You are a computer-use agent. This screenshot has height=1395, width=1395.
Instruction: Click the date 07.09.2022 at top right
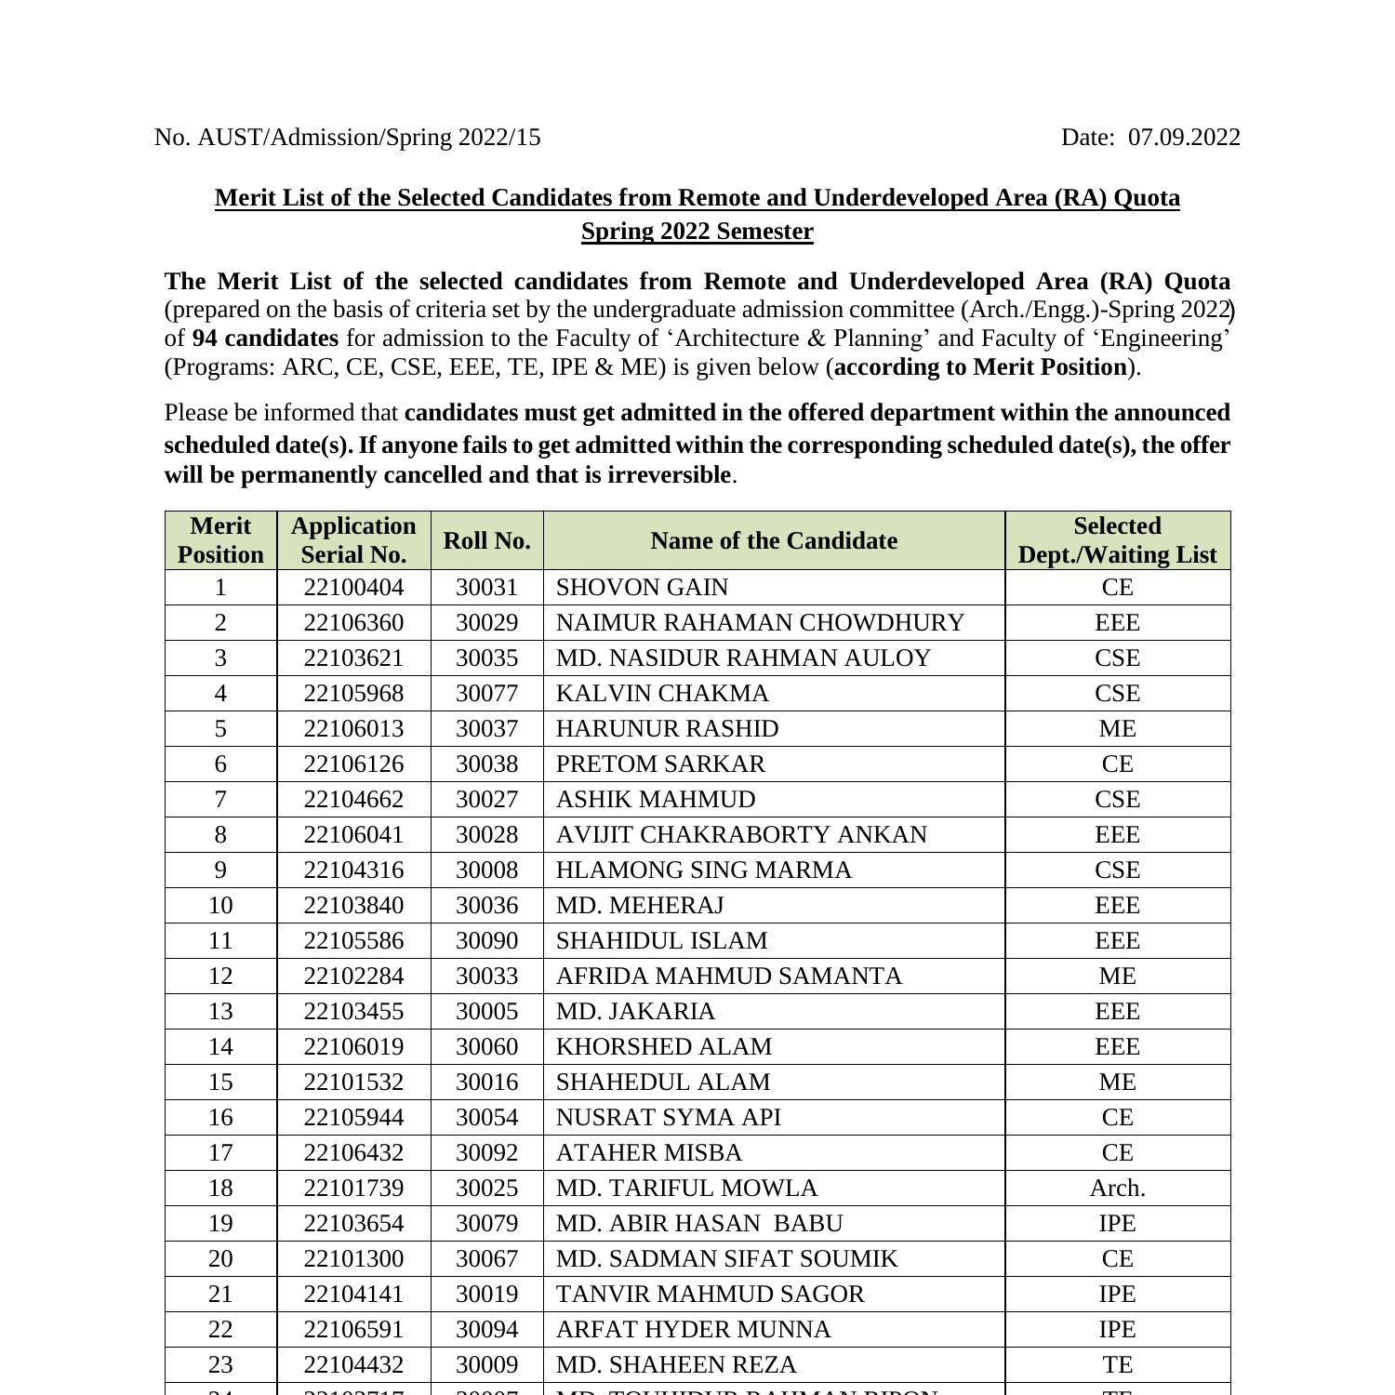tap(1184, 138)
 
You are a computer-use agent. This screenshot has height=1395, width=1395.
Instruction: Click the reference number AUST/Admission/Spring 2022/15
tap(368, 138)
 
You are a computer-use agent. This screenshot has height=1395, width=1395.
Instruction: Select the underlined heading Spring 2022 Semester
tap(697, 232)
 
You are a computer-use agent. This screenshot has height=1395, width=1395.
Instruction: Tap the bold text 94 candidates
tap(265, 339)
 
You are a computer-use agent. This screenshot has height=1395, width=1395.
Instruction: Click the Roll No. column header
tap(486, 541)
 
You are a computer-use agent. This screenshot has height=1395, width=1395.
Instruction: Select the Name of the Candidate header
tap(774, 541)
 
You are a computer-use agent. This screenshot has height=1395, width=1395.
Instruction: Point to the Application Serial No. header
tap(353, 540)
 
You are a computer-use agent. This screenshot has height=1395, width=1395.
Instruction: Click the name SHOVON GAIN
tap(642, 588)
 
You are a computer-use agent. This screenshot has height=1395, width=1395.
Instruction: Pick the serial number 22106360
tap(353, 623)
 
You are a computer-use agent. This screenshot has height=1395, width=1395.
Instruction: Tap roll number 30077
tap(486, 694)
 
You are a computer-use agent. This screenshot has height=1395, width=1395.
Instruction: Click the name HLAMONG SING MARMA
tap(703, 870)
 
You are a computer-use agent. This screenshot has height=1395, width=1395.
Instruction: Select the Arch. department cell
tap(1117, 1189)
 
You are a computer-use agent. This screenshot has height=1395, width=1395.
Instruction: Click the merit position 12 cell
tap(220, 976)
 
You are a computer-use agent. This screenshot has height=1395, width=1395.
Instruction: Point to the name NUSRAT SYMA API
tap(668, 1118)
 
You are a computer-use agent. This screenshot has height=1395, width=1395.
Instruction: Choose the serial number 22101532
tap(353, 1083)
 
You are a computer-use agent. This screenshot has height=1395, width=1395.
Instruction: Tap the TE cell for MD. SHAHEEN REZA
tap(1117, 1365)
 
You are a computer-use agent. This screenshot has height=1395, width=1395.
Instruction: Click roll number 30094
tap(486, 1330)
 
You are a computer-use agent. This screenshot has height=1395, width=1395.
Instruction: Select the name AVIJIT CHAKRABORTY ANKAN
tap(741, 835)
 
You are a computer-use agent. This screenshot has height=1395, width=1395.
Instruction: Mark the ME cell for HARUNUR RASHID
tap(1117, 729)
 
